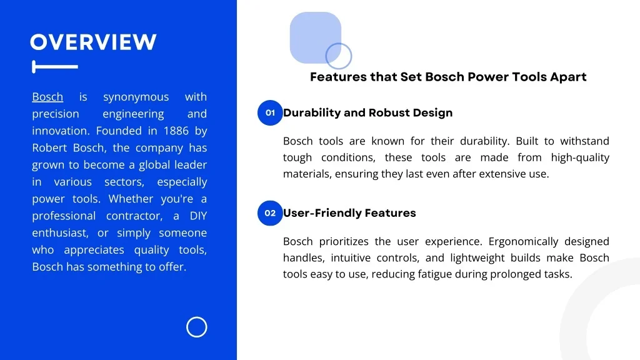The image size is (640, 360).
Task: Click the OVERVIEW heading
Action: [x=93, y=42]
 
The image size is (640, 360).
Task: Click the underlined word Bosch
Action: [x=47, y=97]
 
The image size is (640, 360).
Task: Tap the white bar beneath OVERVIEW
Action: [x=55, y=66]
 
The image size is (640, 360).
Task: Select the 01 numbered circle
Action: [x=270, y=112]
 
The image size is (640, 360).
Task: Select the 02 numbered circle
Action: [x=270, y=213]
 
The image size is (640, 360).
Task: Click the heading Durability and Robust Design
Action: [x=367, y=112]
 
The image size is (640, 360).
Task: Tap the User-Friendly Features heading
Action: [x=349, y=213]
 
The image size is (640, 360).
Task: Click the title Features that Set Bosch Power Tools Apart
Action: [x=448, y=77]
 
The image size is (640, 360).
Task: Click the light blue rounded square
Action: [x=315, y=37]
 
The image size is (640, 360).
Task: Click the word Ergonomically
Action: [x=523, y=242]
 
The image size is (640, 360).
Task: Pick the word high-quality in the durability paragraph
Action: [x=580, y=157]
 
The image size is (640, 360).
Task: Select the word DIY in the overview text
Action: [x=198, y=216]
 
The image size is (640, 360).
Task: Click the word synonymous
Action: [x=136, y=97]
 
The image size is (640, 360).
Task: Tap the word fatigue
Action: [x=435, y=274]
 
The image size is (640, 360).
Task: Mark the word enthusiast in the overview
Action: [x=60, y=232]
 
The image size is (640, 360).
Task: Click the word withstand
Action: [x=584, y=141]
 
